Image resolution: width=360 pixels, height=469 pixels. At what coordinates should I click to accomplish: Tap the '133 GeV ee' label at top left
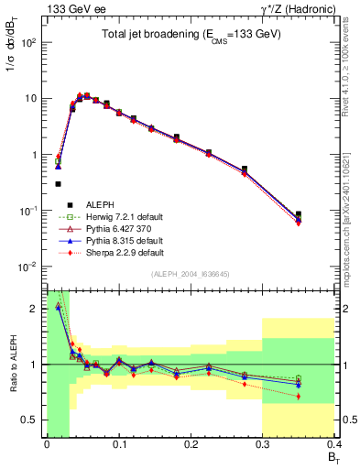coord(70,9)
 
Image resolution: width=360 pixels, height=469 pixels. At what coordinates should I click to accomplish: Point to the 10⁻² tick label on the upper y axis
coord(29,267)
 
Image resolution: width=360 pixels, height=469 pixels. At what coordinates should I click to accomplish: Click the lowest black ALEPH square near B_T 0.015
coord(58,184)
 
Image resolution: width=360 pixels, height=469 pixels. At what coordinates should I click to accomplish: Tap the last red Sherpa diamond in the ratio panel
coord(322,396)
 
